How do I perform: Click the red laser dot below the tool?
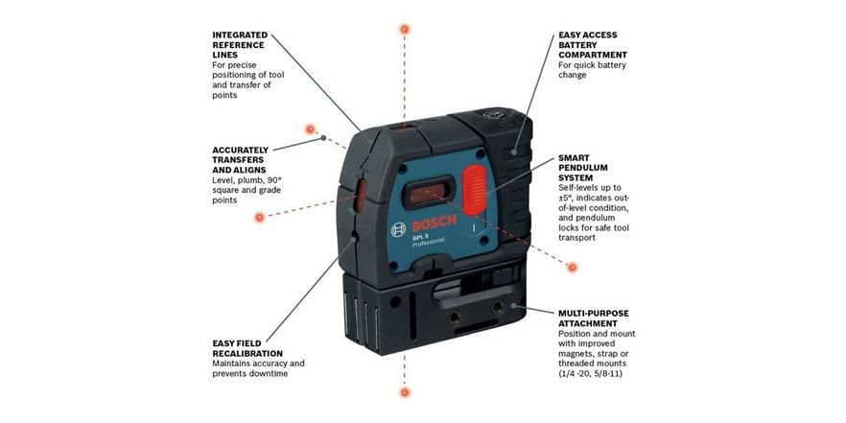coord(404,392)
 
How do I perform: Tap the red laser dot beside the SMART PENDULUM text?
coord(573,267)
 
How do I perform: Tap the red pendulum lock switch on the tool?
coord(474,189)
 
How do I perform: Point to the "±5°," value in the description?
coord(569,198)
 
